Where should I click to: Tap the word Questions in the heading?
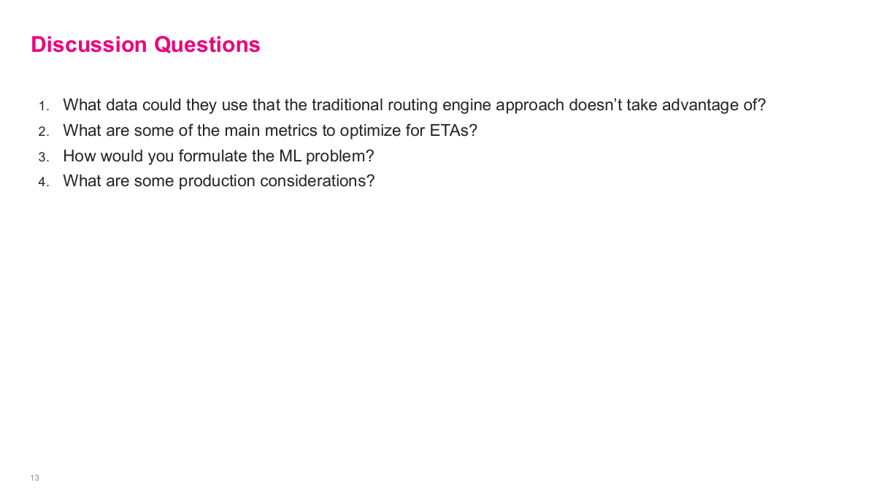tap(207, 45)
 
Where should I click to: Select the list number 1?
tap(44, 106)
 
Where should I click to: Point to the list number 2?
tap(44, 131)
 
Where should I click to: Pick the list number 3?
tap(44, 156)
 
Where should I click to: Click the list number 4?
tap(44, 182)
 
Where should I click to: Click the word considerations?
tap(317, 181)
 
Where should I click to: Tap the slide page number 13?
tap(34, 478)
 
